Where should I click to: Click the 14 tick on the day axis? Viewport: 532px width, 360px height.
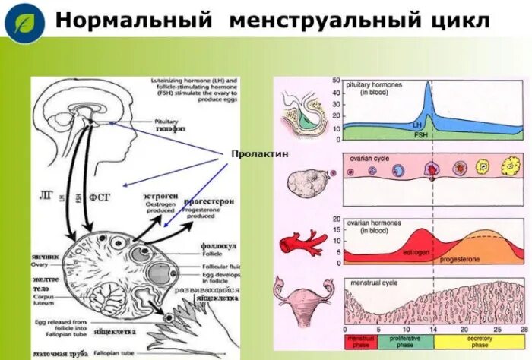coord(433,330)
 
